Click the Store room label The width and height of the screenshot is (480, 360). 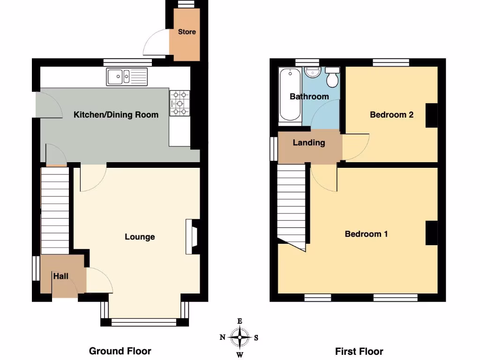(x=187, y=32)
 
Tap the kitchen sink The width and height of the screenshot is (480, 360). (x=127, y=76)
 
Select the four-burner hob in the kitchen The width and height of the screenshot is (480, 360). (x=180, y=102)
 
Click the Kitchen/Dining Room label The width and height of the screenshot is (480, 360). (x=116, y=114)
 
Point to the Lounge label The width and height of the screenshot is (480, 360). (x=140, y=237)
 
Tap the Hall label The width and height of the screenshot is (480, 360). (x=60, y=276)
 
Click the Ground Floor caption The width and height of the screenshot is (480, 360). (x=120, y=351)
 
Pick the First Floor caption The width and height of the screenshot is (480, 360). (x=359, y=351)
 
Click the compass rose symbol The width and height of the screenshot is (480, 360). (x=240, y=337)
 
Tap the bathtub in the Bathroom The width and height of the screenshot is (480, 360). (x=290, y=95)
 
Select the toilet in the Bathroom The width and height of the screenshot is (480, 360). (x=332, y=77)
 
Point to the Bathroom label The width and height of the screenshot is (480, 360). (x=309, y=97)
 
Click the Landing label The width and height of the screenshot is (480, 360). (x=309, y=142)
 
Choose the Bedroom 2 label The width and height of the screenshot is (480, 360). (x=391, y=114)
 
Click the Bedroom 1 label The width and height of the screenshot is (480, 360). (x=366, y=234)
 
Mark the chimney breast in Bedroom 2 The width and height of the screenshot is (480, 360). (x=431, y=115)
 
